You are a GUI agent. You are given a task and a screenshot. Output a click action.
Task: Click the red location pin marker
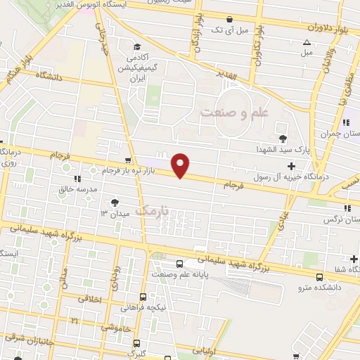point(181,165)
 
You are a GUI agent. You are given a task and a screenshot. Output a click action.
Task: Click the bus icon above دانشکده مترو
point(320,277)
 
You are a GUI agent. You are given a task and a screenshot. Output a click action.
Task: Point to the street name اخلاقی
point(82,298)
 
